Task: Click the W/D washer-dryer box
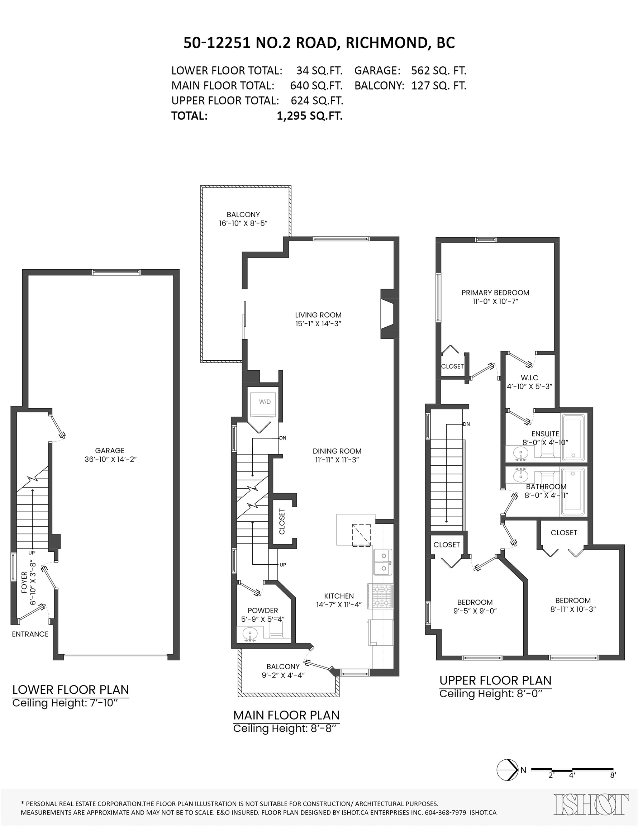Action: [265, 405]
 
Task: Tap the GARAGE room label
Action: [110, 450]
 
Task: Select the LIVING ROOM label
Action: [318, 315]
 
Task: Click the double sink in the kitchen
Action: [383, 562]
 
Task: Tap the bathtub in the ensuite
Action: [573, 438]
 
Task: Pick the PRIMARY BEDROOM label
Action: [495, 292]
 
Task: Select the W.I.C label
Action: [529, 378]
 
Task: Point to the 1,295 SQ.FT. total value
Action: [310, 116]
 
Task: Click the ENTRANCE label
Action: [30, 634]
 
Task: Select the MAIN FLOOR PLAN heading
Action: [286, 715]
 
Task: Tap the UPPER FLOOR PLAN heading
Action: [495, 680]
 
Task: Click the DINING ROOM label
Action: [337, 451]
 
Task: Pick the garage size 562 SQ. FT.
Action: [439, 71]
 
